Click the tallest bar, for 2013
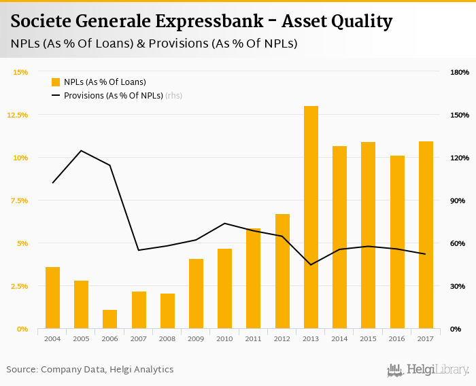pos(311,217)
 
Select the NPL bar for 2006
pos(110,319)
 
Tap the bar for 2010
pos(224,289)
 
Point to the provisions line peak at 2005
pos(81,150)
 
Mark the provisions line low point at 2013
pos(311,264)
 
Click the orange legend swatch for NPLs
pos(56,82)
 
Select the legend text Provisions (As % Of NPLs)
pos(113,96)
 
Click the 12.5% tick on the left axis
pos(18,115)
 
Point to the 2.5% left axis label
pos(18,286)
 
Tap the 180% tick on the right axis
pos(460,72)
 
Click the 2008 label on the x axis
pos(167,338)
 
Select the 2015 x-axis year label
pos(368,338)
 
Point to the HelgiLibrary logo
pos(428,370)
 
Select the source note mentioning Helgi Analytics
pos(90,370)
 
